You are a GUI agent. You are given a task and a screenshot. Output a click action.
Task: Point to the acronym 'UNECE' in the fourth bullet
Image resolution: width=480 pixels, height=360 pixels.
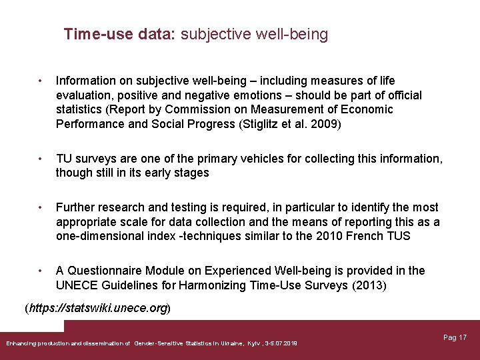(77, 285)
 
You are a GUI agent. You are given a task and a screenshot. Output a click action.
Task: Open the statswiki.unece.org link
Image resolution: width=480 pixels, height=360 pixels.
(98, 309)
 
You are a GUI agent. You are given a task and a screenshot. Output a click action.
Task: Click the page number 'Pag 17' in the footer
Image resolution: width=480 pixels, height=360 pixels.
(455, 337)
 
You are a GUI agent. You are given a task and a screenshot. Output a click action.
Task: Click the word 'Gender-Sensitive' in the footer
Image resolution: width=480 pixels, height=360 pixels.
(156, 343)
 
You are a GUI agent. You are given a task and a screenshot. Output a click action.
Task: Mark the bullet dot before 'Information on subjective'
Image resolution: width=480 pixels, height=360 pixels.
(41, 81)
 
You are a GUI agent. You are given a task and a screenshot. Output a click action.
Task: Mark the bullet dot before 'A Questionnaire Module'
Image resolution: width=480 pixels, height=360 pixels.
(41, 271)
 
